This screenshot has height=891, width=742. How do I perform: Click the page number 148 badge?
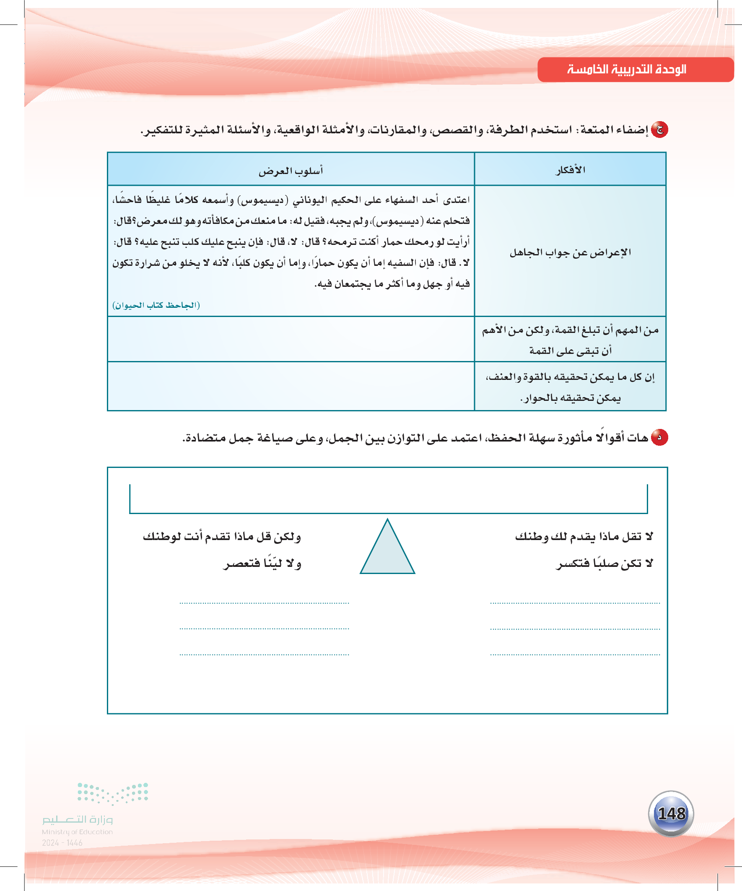coord(671,813)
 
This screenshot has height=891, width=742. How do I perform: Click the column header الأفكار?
coord(570,170)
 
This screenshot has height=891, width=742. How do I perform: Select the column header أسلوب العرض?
coord(291,171)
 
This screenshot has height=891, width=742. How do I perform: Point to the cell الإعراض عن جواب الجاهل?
coord(570,253)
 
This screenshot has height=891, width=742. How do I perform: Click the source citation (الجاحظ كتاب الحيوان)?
coord(156,305)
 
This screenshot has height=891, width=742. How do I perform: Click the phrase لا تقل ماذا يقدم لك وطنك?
coord(584,537)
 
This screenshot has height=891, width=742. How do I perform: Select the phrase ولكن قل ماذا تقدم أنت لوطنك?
coord(222,537)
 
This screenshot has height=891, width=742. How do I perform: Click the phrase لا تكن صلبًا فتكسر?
coord(604,564)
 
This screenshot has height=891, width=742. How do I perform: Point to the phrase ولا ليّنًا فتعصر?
coord(262,564)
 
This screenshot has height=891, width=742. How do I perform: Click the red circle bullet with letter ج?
coord(660,130)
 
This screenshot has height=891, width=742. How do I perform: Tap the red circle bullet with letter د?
coord(660,437)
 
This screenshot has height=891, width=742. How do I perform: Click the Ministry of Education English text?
coord(77,832)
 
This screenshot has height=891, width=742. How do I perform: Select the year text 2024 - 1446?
coord(62,843)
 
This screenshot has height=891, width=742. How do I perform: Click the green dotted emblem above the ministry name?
coord(113,793)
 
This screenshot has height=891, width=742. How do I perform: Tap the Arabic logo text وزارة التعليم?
coord(77,819)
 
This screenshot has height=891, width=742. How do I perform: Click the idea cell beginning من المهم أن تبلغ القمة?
coord(570,340)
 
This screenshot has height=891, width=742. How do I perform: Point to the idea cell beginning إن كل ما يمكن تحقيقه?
coord(570,387)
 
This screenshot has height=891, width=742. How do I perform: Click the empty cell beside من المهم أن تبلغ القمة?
coord(291,339)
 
